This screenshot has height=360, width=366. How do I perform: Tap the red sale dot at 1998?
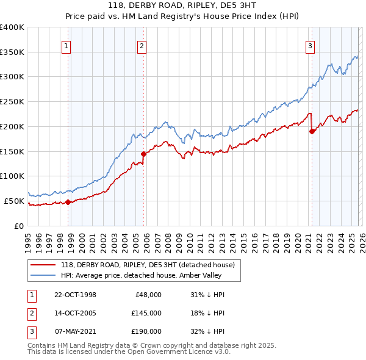tap(68, 201)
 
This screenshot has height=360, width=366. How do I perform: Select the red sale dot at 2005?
tap(144, 154)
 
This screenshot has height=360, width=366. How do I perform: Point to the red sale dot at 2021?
tap(312, 131)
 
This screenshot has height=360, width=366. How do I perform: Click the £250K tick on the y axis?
tap(12, 102)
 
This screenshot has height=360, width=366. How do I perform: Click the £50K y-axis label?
tap(14, 201)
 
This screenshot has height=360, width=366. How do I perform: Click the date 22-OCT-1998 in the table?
tap(75, 295)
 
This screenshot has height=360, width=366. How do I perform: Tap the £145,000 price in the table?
tap(146, 313)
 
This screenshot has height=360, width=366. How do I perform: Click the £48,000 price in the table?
tap(148, 295)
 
